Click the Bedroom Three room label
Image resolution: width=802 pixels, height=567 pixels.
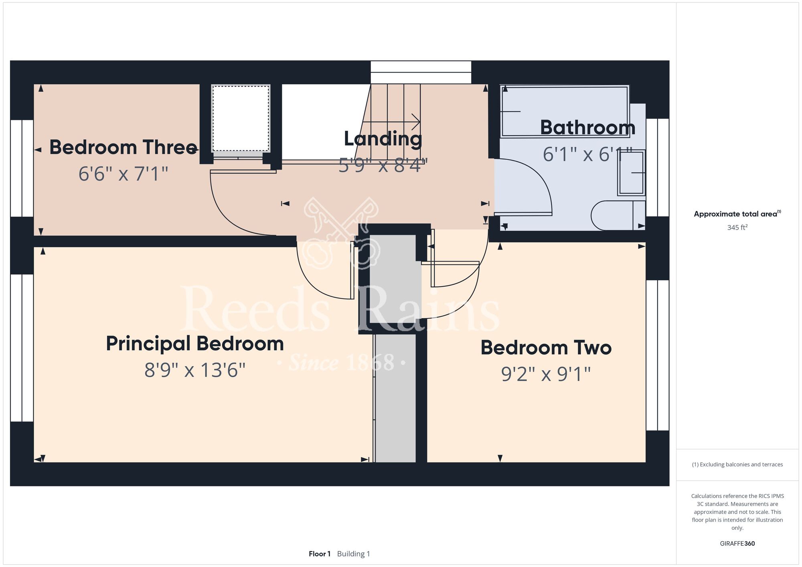tap(123, 147)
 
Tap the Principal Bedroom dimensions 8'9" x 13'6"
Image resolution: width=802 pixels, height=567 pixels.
tap(195, 370)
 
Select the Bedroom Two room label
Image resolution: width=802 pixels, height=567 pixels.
tap(546, 348)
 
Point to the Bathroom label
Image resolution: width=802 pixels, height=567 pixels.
tap(587, 128)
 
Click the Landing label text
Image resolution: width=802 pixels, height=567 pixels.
tap(383, 139)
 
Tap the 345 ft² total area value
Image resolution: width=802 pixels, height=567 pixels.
tap(737, 227)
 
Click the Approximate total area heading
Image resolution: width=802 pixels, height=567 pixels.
tap(737, 214)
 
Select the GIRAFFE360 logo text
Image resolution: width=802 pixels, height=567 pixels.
tap(737, 544)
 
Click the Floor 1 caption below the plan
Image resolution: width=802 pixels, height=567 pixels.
tap(320, 554)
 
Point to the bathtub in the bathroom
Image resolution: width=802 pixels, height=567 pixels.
tap(564, 111)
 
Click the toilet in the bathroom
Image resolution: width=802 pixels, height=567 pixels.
tap(618, 215)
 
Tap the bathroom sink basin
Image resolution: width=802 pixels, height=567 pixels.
tap(631, 172)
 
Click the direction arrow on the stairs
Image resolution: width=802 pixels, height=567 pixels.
tap(391, 121)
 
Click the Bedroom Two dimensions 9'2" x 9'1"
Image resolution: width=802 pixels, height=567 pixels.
tap(546, 374)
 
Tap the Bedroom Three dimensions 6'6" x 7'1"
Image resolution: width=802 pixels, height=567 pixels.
tap(123, 174)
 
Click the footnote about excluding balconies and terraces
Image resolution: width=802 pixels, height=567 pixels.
tap(737, 464)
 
